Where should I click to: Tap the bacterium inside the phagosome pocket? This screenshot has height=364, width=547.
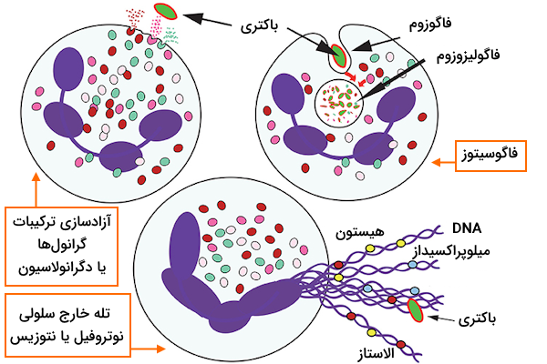coord(339,56)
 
